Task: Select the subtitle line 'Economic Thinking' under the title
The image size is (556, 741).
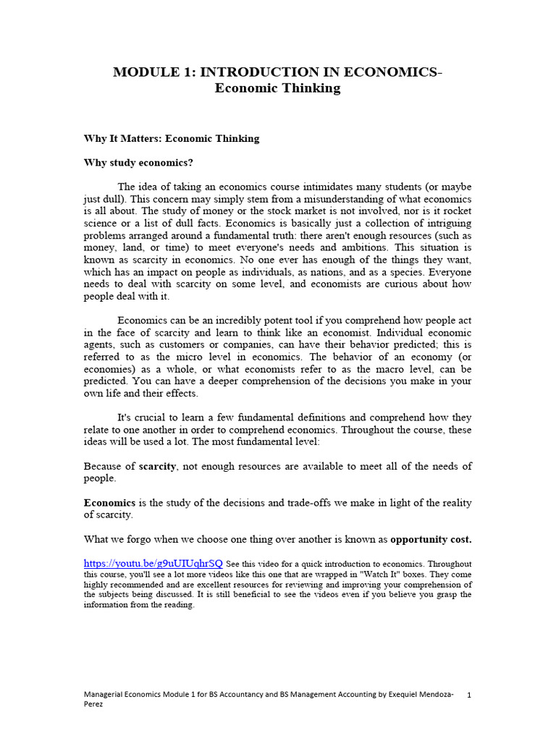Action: [x=277, y=88]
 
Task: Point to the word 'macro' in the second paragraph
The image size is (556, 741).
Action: [x=371, y=370]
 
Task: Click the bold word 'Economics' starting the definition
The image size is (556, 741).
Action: [x=109, y=502]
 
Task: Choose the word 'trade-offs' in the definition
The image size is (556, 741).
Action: [x=282, y=502]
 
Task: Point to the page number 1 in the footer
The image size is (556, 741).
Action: [x=469, y=695]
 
